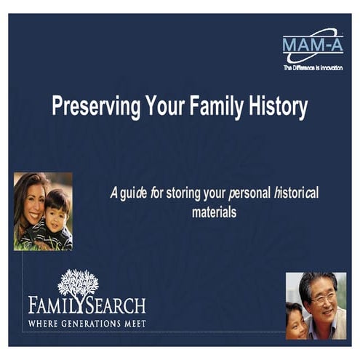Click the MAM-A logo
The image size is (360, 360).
coord(312,45)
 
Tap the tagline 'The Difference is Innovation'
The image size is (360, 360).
coord(313,68)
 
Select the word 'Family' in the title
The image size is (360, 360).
coord(217,107)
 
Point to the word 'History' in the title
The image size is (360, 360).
coord(278,108)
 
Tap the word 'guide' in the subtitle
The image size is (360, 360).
coord(135,193)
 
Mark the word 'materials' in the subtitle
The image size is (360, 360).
coord(215,212)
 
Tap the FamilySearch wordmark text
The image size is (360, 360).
coord(87,304)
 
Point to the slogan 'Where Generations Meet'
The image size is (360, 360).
coord(87,321)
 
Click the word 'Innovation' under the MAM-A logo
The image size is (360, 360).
coord(329,68)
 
